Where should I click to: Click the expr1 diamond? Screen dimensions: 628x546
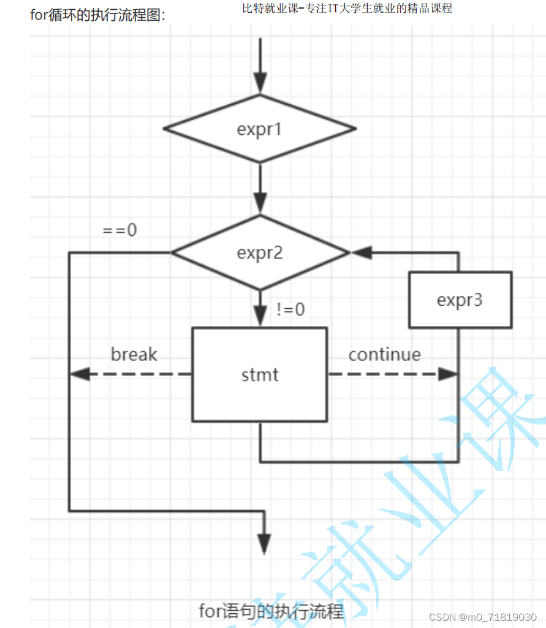coord(260,129)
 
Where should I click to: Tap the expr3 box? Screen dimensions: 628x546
coord(460,300)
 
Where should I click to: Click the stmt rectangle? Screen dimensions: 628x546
coord(260,374)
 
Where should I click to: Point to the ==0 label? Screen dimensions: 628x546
coord(120,230)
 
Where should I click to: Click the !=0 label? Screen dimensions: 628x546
coord(290,309)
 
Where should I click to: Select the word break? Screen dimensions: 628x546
coord(134,354)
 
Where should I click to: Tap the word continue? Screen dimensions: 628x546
coord(384,354)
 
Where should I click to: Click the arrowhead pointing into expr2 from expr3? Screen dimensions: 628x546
coord(361,252)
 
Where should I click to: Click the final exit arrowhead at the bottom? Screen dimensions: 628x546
coord(264,542)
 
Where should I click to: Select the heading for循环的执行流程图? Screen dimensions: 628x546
coord(98,15)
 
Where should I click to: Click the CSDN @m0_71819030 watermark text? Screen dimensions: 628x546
coord(483,616)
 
